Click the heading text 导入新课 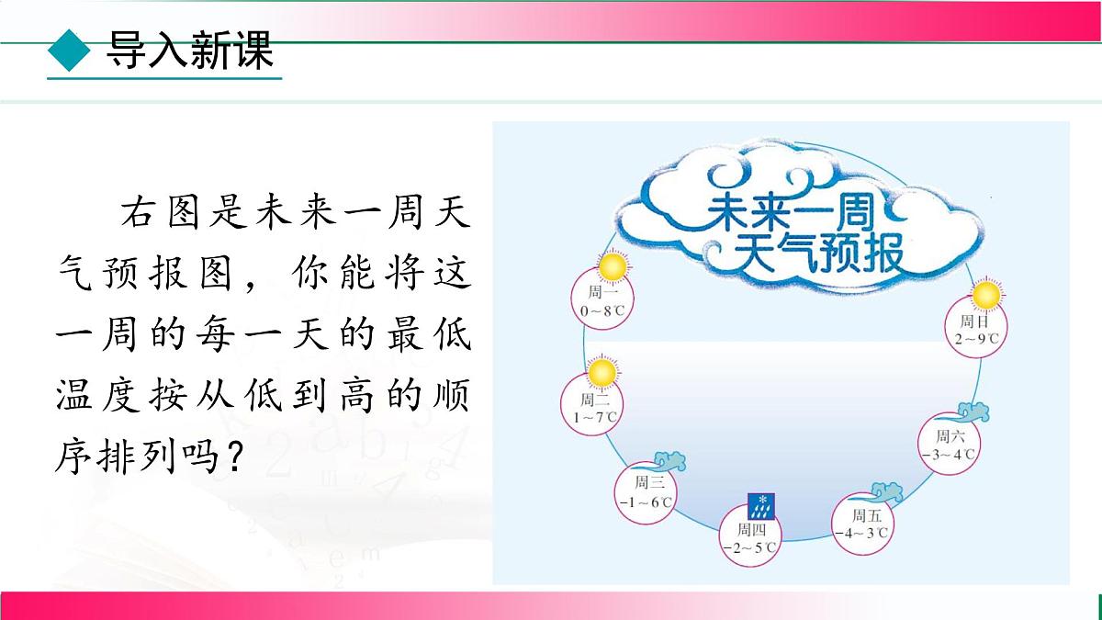(190, 51)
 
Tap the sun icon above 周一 (612, 268)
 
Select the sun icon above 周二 (601, 373)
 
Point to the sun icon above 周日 (985, 296)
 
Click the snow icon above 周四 (762, 504)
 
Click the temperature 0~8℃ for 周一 (602, 312)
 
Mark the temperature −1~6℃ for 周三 (646, 502)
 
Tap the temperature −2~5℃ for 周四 (749, 548)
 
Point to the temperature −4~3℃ (860, 533)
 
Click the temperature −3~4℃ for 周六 (949, 455)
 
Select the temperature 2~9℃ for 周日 (976, 339)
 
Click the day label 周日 (974, 321)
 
